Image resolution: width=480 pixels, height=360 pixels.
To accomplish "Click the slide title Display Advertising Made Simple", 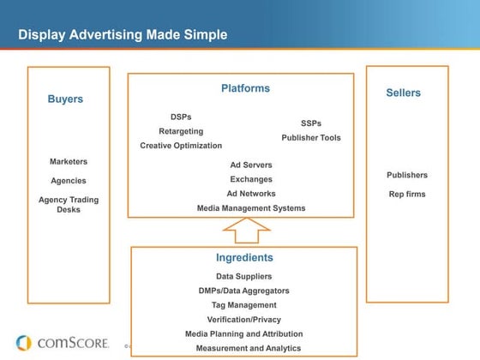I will [x=123, y=35].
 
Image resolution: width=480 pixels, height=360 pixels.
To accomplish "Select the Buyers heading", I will [x=65, y=99].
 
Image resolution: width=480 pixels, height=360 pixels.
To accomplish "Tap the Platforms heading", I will [x=245, y=88].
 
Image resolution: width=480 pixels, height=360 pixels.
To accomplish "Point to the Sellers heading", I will [x=404, y=93].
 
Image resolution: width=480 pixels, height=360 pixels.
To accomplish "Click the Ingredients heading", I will [x=244, y=257].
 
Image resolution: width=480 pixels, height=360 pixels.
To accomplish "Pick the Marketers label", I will [x=69, y=161].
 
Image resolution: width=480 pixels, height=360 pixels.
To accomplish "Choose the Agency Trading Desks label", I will [x=69, y=204].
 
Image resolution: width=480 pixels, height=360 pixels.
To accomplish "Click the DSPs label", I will [x=182, y=117].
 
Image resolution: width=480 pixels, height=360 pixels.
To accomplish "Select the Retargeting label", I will [x=181, y=131].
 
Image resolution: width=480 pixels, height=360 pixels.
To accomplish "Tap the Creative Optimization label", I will [x=181, y=146].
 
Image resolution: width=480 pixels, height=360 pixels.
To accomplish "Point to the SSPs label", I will [x=311, y=123].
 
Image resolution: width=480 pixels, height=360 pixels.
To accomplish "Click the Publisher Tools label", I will [x=311, y=137].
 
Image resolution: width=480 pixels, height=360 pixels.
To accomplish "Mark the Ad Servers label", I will [x=251, y=165].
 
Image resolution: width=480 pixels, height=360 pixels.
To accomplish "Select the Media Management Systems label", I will [x=251, y=208].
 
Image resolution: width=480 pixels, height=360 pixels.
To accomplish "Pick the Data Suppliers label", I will [x=244, y=276].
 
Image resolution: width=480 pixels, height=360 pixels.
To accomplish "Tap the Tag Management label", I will [x=244, y=305].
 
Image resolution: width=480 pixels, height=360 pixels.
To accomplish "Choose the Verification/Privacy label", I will [x=244, y=319].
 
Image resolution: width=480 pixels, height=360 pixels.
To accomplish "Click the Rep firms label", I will [x=407, y=194].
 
